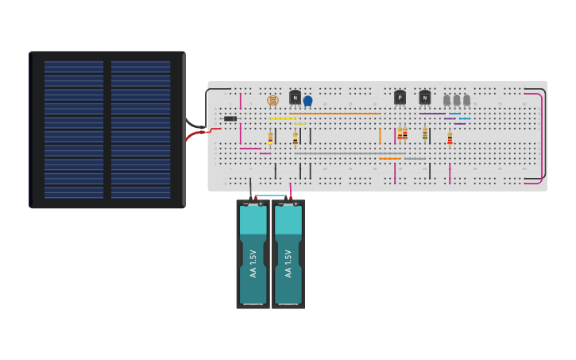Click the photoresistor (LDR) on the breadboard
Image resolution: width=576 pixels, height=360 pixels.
tap(273, 100)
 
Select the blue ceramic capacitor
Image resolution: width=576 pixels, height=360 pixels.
tap(307, 101)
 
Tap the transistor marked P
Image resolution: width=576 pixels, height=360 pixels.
tap(400, 97)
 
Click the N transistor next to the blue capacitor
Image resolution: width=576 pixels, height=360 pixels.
tap(295, 97)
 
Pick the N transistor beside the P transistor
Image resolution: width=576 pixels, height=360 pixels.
tap(424, 97)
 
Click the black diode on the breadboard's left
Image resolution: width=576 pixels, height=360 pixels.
tap(230, 118)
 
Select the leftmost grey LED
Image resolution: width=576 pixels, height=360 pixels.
tap(446, 99)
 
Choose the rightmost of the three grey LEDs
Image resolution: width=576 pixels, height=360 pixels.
tap(466, 99)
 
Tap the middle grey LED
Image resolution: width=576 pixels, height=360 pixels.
tap(457, 99)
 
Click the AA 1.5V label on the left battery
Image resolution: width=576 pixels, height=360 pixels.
tap(253, 263)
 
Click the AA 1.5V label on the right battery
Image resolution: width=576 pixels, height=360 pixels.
tap(288, 263)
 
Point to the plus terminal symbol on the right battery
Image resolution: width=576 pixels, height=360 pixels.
tap(296, 204)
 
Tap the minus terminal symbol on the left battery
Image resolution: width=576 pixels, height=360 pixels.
tap(245, 204)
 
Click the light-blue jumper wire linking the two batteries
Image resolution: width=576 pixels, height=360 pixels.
tap(270, 196)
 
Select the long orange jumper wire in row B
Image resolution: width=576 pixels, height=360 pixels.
tap(334, 113)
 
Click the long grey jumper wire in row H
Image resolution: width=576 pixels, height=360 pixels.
tap(350, 153)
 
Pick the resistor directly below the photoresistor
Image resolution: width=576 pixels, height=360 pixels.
tap(270, 137)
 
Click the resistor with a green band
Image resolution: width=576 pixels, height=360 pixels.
tap(425, 134)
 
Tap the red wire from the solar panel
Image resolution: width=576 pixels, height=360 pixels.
tap(195, 136)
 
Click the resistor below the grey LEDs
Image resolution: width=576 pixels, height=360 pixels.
tap(450, 138)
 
